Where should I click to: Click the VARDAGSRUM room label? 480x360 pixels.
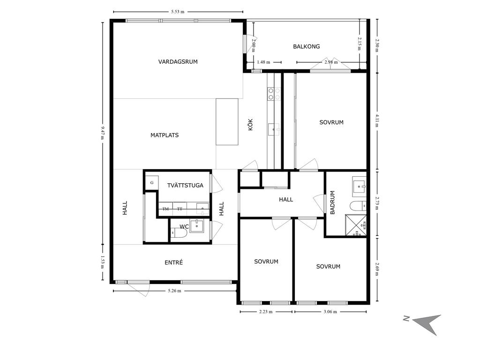178,61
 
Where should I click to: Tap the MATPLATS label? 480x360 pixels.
165,135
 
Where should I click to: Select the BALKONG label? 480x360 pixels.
307,46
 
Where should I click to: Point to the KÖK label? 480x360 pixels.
250,125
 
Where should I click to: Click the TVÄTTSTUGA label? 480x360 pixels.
185,185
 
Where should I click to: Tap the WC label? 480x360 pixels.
184,226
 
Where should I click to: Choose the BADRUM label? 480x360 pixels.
332,202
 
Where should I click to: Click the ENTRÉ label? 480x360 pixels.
173,262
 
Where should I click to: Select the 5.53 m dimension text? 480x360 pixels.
178,12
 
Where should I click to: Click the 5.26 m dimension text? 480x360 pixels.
174,291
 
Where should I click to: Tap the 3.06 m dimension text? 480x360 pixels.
330,312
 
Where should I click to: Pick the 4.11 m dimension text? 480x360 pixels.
377,120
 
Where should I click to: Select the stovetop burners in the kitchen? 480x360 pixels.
274,94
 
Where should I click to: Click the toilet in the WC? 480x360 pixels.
179,234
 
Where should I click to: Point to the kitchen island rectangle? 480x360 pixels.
227,121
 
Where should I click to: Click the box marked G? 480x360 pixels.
152,183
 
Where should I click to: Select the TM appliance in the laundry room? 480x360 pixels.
165,209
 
